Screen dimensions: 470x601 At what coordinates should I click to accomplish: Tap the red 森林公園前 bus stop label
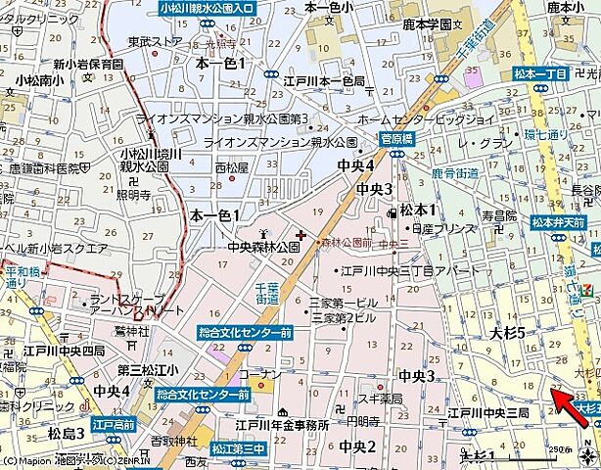(x=347, y=241)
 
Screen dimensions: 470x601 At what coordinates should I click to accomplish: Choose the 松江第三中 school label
(x=238, y=448)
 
